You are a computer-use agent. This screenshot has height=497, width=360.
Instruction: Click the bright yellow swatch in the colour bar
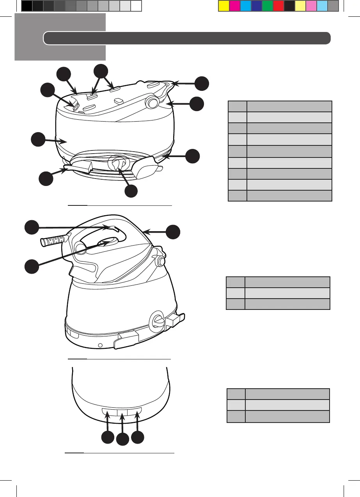(223, 5)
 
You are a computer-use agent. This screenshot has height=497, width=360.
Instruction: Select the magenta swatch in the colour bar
(234, 5)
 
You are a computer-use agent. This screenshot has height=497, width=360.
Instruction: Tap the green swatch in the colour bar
(267, 5)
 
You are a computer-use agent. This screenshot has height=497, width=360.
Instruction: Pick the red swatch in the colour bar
(278, 5)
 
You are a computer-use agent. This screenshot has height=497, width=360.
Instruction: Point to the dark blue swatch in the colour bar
(256, 5)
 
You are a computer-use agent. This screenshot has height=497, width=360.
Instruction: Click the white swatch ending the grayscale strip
(136, 5)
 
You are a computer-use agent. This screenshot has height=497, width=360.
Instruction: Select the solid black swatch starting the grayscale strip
(27, 5)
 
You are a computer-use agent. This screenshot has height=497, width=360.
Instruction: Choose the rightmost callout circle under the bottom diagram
(138, 437)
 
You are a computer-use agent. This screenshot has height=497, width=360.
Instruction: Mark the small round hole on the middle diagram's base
(100, 345)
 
